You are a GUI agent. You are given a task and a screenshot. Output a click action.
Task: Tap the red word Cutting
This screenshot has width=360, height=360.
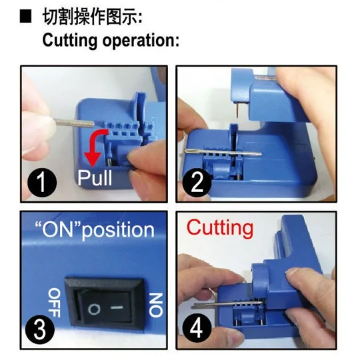click(219, 227)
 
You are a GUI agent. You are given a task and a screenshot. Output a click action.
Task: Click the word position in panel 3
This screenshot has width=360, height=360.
click(121, 231)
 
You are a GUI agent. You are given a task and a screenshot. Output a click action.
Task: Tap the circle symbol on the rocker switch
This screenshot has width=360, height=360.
click(93, 309)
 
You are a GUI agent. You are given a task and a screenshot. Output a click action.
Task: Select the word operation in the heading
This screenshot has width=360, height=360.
click(140, 40)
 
